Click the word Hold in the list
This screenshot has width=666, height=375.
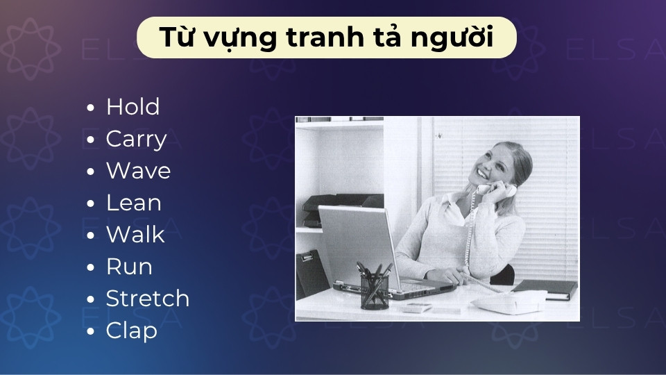tap(133, 107)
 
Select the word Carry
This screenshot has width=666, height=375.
tap(136, 140)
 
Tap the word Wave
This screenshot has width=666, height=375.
tap(138, 171)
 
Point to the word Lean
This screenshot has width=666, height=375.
tap(133, 203)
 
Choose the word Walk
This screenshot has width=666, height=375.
tap(135, 235)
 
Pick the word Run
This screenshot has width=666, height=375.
tap(129, 267)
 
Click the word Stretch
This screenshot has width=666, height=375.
tap(147, 299)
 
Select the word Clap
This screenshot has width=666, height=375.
tap(131, 331)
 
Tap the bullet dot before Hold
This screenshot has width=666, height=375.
tap(91, 108)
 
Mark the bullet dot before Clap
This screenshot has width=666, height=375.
tap(91, 332)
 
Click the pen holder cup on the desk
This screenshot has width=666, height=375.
tap(374, 290)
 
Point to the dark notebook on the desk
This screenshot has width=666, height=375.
tap(545, 288)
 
